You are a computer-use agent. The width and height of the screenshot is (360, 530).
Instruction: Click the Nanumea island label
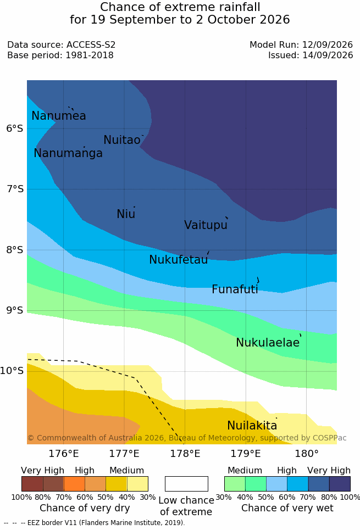(x=58, y=115)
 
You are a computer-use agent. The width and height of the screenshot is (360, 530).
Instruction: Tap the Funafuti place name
(x=235, y=289)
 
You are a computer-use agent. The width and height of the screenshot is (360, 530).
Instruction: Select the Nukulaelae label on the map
(x=268, y=342)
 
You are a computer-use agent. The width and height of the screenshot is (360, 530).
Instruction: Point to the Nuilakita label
(x=252, y=425)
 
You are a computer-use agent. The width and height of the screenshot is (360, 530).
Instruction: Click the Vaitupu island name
(x=206, y=225)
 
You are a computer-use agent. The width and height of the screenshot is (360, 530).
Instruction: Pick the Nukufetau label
(x=178, y=259)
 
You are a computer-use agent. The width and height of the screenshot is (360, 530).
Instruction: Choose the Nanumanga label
(x=68, y=153)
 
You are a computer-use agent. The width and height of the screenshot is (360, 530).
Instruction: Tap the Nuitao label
(x=122, y=140)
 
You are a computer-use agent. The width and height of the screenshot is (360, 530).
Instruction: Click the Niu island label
(x=126, y=214)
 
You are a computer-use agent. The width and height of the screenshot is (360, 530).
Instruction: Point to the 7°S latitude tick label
(x=15, y=188)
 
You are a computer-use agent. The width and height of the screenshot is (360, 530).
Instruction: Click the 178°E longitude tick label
(x=185, y=453)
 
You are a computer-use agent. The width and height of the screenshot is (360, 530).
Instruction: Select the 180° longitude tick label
(x=307, y=453)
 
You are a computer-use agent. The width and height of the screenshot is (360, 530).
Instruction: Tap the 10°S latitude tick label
(x=12, y=371)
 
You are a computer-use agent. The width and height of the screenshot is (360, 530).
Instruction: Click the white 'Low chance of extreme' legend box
(x=186, y=484)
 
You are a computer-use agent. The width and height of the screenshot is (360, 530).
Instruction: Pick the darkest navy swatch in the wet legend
(x=340, y=484)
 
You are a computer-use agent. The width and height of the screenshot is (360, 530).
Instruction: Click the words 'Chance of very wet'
(x=287, y=508)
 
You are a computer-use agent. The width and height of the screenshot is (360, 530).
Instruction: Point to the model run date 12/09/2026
(x=328, y=44)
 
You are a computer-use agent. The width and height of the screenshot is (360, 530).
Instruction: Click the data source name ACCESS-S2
(x=91, y=44)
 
